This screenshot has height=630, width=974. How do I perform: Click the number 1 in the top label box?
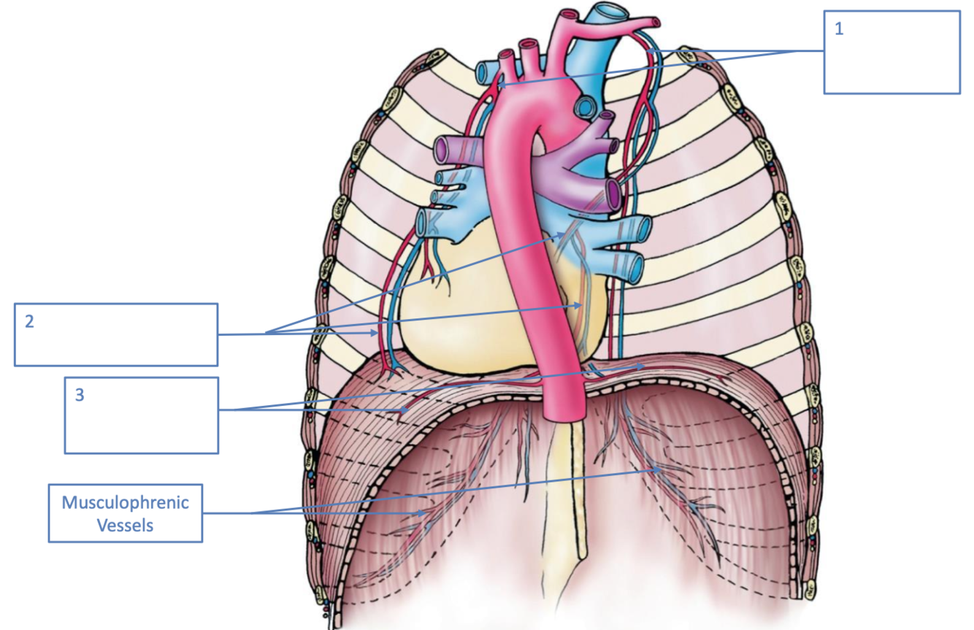[x=839, y=31]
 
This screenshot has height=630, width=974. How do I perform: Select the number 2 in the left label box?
[x=29, y=321]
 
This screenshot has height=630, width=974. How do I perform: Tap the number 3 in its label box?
[x=80, y=395]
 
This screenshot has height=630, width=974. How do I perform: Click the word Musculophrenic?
[x=125, y=502]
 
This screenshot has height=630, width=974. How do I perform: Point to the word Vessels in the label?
[x=125, y=524]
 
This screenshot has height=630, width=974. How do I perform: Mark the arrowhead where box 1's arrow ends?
[x=499, y=86]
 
